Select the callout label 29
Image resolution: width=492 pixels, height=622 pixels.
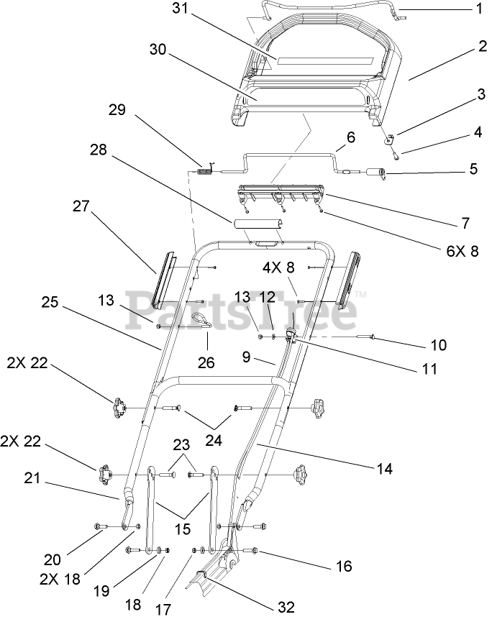tap(117, 110)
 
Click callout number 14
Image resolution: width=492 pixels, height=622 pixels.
tap(384, 468)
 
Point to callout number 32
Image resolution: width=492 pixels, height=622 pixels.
tap(286, 608)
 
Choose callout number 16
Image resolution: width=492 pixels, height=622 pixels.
tap(344, 566)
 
